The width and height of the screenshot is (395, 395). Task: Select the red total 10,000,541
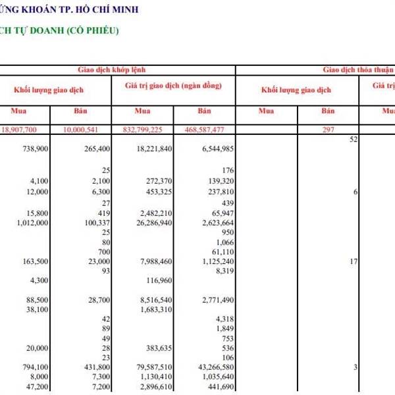tap(90, 130)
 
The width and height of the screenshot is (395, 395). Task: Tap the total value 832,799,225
tap(148, 130)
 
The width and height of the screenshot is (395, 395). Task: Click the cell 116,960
tap(157, 280)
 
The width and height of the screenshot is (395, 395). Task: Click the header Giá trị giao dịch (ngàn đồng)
tap(173, 86)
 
